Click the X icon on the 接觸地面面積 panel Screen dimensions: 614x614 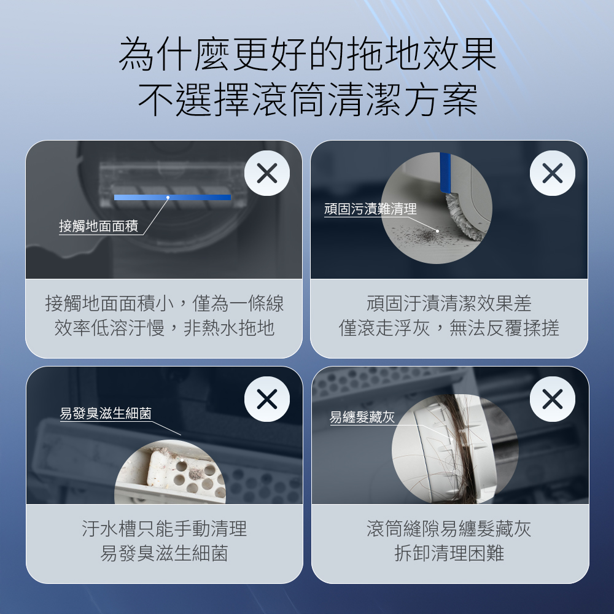pyautogui.click(x=267, y=173)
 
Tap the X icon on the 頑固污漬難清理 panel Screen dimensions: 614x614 pyautogui.click(x=552, y=173)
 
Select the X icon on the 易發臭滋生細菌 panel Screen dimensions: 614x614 pyautogui.click(x=267, y=399)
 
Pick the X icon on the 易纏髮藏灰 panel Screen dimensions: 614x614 pyautogui.click(x=552, y=399)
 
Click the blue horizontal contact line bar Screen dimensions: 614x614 pyautogui.click(x=173, y=197)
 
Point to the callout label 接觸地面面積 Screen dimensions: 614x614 pyautogui.click(x=99, y=226)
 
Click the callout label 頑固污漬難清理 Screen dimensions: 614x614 pyautogui.click(x=370, y=209)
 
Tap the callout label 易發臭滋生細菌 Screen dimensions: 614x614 pyautogui.click(x=106, y=413)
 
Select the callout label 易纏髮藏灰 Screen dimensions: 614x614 pyautogui.click(x=362, y=417)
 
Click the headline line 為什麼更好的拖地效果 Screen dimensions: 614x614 pyautogui.click(x=308, y=54)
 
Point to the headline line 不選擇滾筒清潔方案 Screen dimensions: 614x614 pyautogui.click(x=308, y=99)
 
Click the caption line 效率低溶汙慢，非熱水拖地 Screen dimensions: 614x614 pyautogui.click(x=164, y=328)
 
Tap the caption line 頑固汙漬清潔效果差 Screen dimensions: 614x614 pyautogui.click(x=449, y=303)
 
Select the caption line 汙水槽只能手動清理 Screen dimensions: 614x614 pyautogui.click(x=164, y=529)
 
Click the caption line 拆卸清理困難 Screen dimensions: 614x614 pyautogui.click(x=449, y=553)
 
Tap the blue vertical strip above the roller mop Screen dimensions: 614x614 pyautogui.click(x=445, y=173)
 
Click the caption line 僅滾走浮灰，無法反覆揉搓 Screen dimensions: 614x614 pyautogui.click(x=449, y=328)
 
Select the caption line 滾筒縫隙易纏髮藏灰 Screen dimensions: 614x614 pyautogui.click(x=449, y=529)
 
